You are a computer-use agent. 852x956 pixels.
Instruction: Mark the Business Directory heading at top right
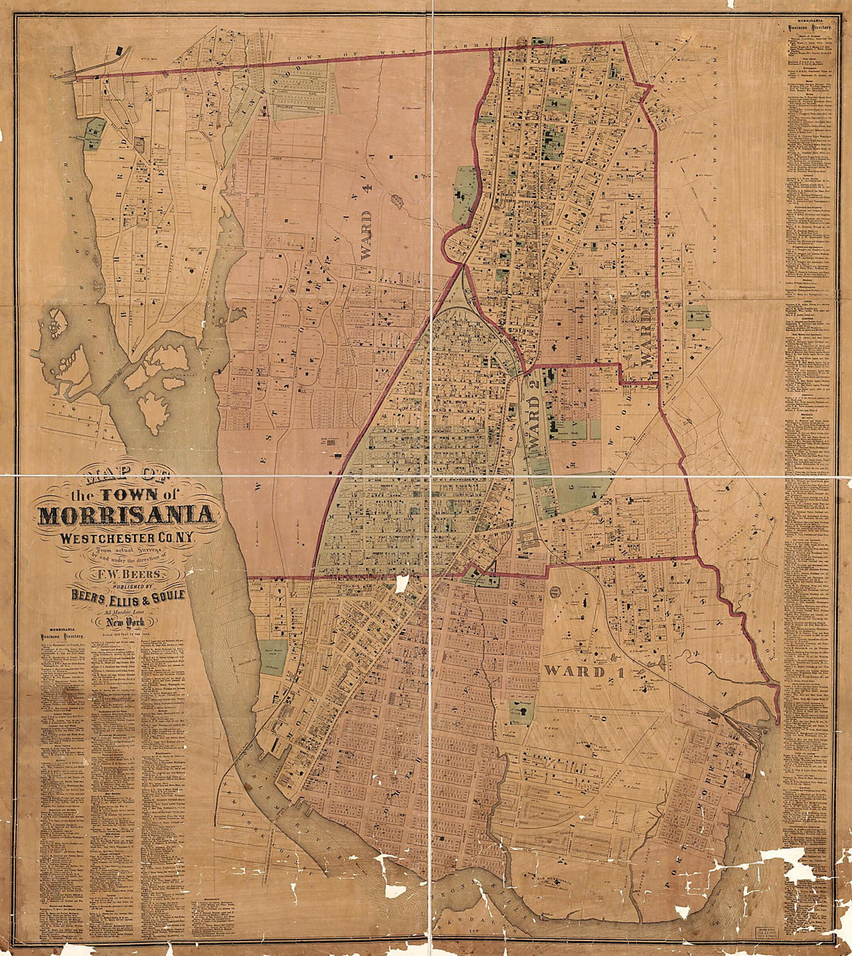click(810, 28)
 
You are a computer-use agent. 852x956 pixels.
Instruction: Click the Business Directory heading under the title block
click(58, 635)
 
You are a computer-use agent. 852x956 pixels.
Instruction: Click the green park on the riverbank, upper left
click(94, 133)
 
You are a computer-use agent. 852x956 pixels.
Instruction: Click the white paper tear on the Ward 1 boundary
click(402, 583)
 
